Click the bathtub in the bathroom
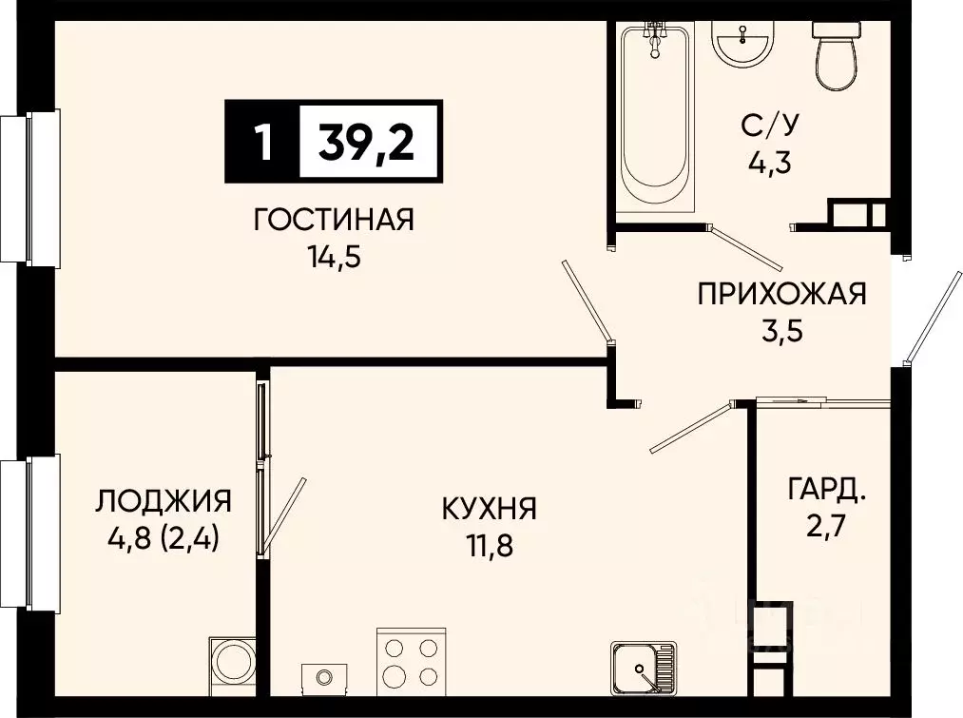654,119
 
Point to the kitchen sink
644,669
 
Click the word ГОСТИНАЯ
333,220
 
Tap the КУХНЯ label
489,508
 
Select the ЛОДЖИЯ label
164,500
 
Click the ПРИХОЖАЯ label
781,293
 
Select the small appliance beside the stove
324,676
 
